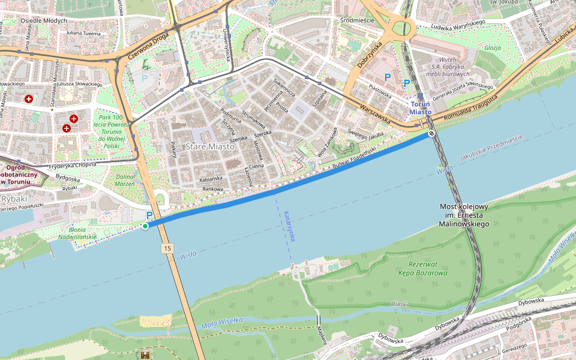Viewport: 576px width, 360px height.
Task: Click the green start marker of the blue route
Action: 145,226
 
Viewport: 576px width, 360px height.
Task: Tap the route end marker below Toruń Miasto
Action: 431,133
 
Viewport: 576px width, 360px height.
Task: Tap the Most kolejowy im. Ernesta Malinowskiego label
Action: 464,215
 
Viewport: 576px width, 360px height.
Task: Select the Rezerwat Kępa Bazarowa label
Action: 422,268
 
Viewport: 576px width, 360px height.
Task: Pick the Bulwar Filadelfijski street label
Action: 353,158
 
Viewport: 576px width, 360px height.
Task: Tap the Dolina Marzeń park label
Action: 125,179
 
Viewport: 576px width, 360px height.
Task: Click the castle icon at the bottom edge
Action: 145,355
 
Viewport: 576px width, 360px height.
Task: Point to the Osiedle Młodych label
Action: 43,20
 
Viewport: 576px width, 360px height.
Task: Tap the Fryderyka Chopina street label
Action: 73,165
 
